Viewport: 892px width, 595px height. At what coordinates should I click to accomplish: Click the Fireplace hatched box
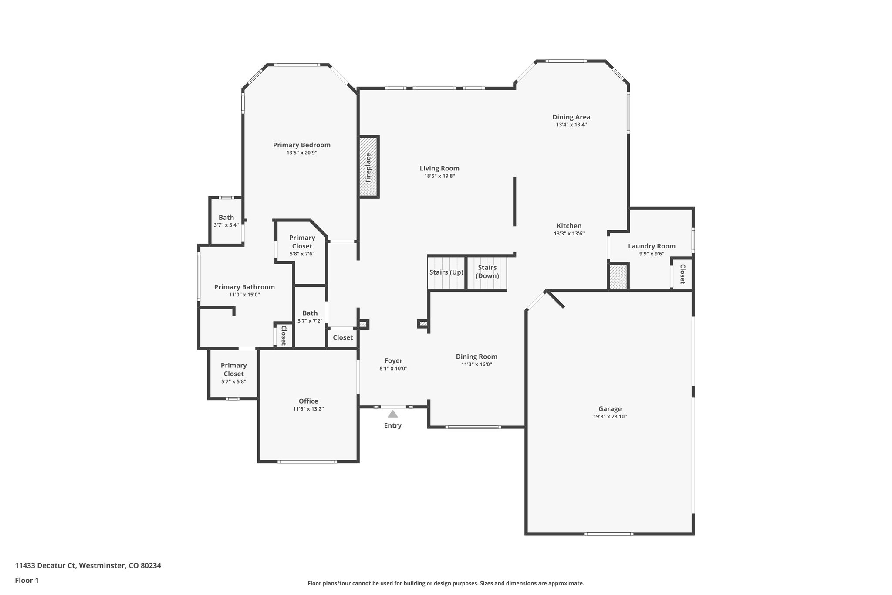(x=368, y=167)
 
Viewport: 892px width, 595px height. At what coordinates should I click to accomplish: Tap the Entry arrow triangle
(x=392, y=414)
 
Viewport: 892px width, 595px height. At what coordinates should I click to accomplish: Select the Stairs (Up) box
(x=446, y=273)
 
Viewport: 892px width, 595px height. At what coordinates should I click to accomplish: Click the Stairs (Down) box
(x=487, y=273)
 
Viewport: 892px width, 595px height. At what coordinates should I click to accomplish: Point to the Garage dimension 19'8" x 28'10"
(x=610, y=417)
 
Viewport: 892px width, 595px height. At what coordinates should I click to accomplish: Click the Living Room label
(x=439, y=168)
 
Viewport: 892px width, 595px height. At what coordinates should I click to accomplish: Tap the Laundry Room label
(x=652, y=246)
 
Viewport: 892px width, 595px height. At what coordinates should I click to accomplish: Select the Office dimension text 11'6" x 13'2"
(x=308, y=409)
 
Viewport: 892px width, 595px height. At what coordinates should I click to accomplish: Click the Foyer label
(x=393, y=361)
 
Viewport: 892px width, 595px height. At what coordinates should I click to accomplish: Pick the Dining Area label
(x=571, y=117)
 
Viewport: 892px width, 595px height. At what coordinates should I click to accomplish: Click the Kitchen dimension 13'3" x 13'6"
(x=569, y=234)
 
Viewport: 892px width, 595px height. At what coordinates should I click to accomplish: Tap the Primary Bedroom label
(x=301, y=145)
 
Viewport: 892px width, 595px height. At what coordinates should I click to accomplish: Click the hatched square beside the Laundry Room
(x=618, y=277)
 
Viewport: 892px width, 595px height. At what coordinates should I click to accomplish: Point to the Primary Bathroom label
(x=244, y=287)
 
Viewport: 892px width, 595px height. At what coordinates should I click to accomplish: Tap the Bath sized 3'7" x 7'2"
(x=310, y=316)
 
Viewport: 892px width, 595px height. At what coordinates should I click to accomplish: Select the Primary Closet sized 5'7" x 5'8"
(x=233, y=373)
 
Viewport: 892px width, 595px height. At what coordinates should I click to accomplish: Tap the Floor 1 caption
(x=27, y=580)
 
